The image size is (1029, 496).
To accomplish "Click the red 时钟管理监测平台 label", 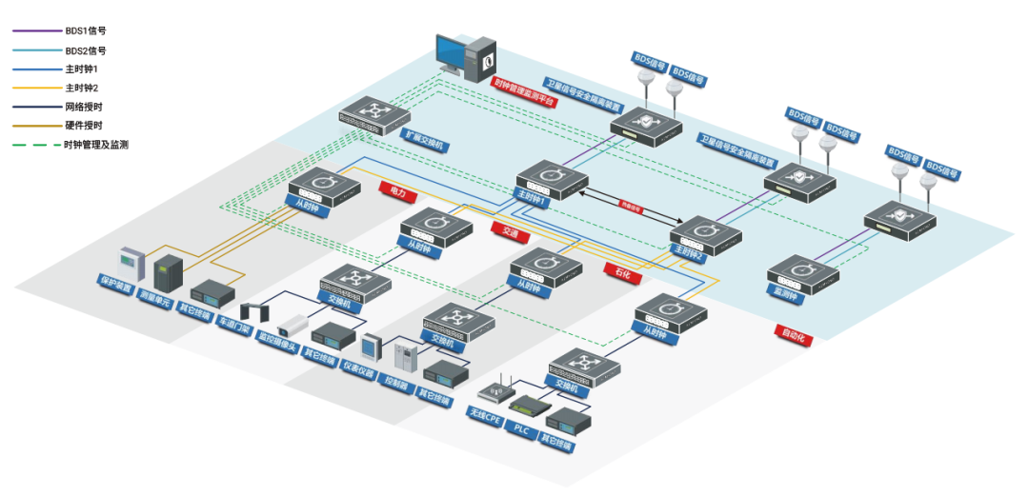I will (x=524, y=92).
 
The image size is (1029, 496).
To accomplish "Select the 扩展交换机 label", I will (x=422, y=141).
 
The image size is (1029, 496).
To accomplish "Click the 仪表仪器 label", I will (x=361, y=369).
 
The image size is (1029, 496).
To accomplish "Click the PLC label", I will (x=521, y=429).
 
